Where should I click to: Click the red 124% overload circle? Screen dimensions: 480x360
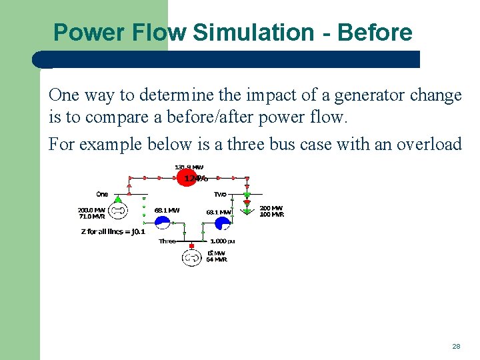coord(189,178)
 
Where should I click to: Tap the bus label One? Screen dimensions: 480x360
coord(102,195)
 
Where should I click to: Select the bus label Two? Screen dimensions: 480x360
coord(221,195)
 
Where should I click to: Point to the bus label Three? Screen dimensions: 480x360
coord(167,241)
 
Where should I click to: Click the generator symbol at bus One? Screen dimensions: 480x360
coord(118,211)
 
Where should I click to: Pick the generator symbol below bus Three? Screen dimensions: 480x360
coord(192,257)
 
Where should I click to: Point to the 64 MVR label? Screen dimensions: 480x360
coord(217,259)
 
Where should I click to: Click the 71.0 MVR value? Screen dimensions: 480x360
coord(92,217)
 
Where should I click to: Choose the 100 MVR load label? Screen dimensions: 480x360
coord(271,215)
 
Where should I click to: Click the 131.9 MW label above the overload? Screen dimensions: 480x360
coord(189,167)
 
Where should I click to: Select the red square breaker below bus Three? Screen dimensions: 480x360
coord(192,246)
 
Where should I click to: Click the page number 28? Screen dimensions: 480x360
coord(456,346)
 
